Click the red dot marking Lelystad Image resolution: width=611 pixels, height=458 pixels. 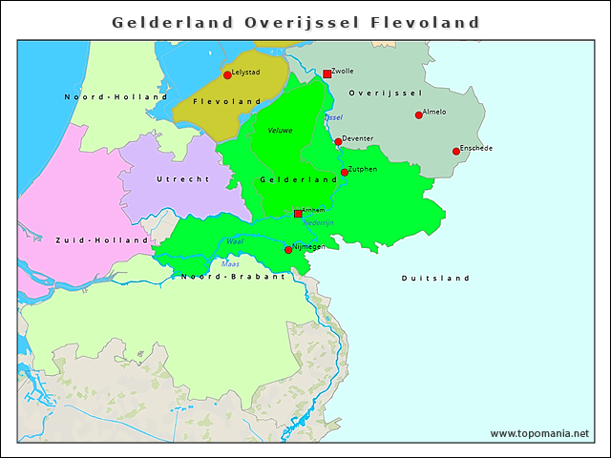(x=227, y=74)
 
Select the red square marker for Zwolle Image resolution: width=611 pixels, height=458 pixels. (x=327, y=73)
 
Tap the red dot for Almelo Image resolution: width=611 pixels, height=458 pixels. (x=418, y=115)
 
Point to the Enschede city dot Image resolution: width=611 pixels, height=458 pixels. (x=456, y=151)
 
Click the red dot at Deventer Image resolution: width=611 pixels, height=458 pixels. (x=338, y=141)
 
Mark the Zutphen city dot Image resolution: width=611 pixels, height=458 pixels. (x=345, y=173)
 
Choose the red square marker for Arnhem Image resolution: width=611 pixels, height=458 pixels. (x=298, y=214)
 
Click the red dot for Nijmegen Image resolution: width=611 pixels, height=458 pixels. (x=288, y=250)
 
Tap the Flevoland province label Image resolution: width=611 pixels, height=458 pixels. (x=227, y=101)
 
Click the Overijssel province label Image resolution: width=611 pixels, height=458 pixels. (x=385, y=93)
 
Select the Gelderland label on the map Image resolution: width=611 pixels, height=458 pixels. (x=299, y=179)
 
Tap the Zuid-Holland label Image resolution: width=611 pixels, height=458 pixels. (x=101, y=240)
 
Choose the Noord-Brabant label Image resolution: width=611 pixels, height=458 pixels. (x=233, y=276)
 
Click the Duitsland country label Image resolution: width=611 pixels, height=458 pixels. (x=435, y=279)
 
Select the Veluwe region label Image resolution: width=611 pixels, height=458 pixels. (x=280, y=130)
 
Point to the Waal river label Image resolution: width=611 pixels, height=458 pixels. (x=234, y=241)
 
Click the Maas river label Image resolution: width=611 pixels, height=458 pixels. (x=230, y=263)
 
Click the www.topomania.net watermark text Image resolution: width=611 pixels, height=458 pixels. (x=539, y=434)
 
